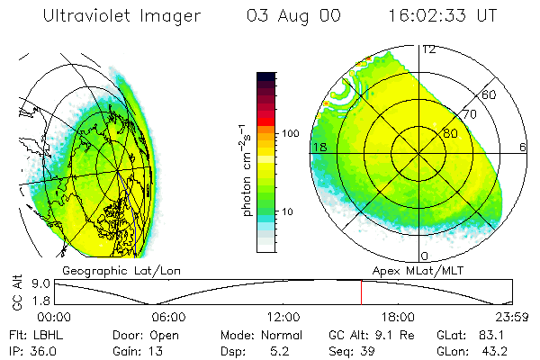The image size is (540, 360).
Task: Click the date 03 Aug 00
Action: pos(283,15)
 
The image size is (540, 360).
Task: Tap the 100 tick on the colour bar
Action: pos(290,133)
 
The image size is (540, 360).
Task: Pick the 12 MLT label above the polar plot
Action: pos(429,49)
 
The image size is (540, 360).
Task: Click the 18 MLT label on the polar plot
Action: pos(318,146)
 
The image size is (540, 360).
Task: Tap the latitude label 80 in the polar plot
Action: pos(450,134)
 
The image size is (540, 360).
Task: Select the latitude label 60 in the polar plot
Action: pos(490,94)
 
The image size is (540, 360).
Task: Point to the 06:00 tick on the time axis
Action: pos(168,317)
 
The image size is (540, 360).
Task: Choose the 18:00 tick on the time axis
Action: pos(398,317)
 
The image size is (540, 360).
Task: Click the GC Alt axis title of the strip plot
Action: pos(16,293)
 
